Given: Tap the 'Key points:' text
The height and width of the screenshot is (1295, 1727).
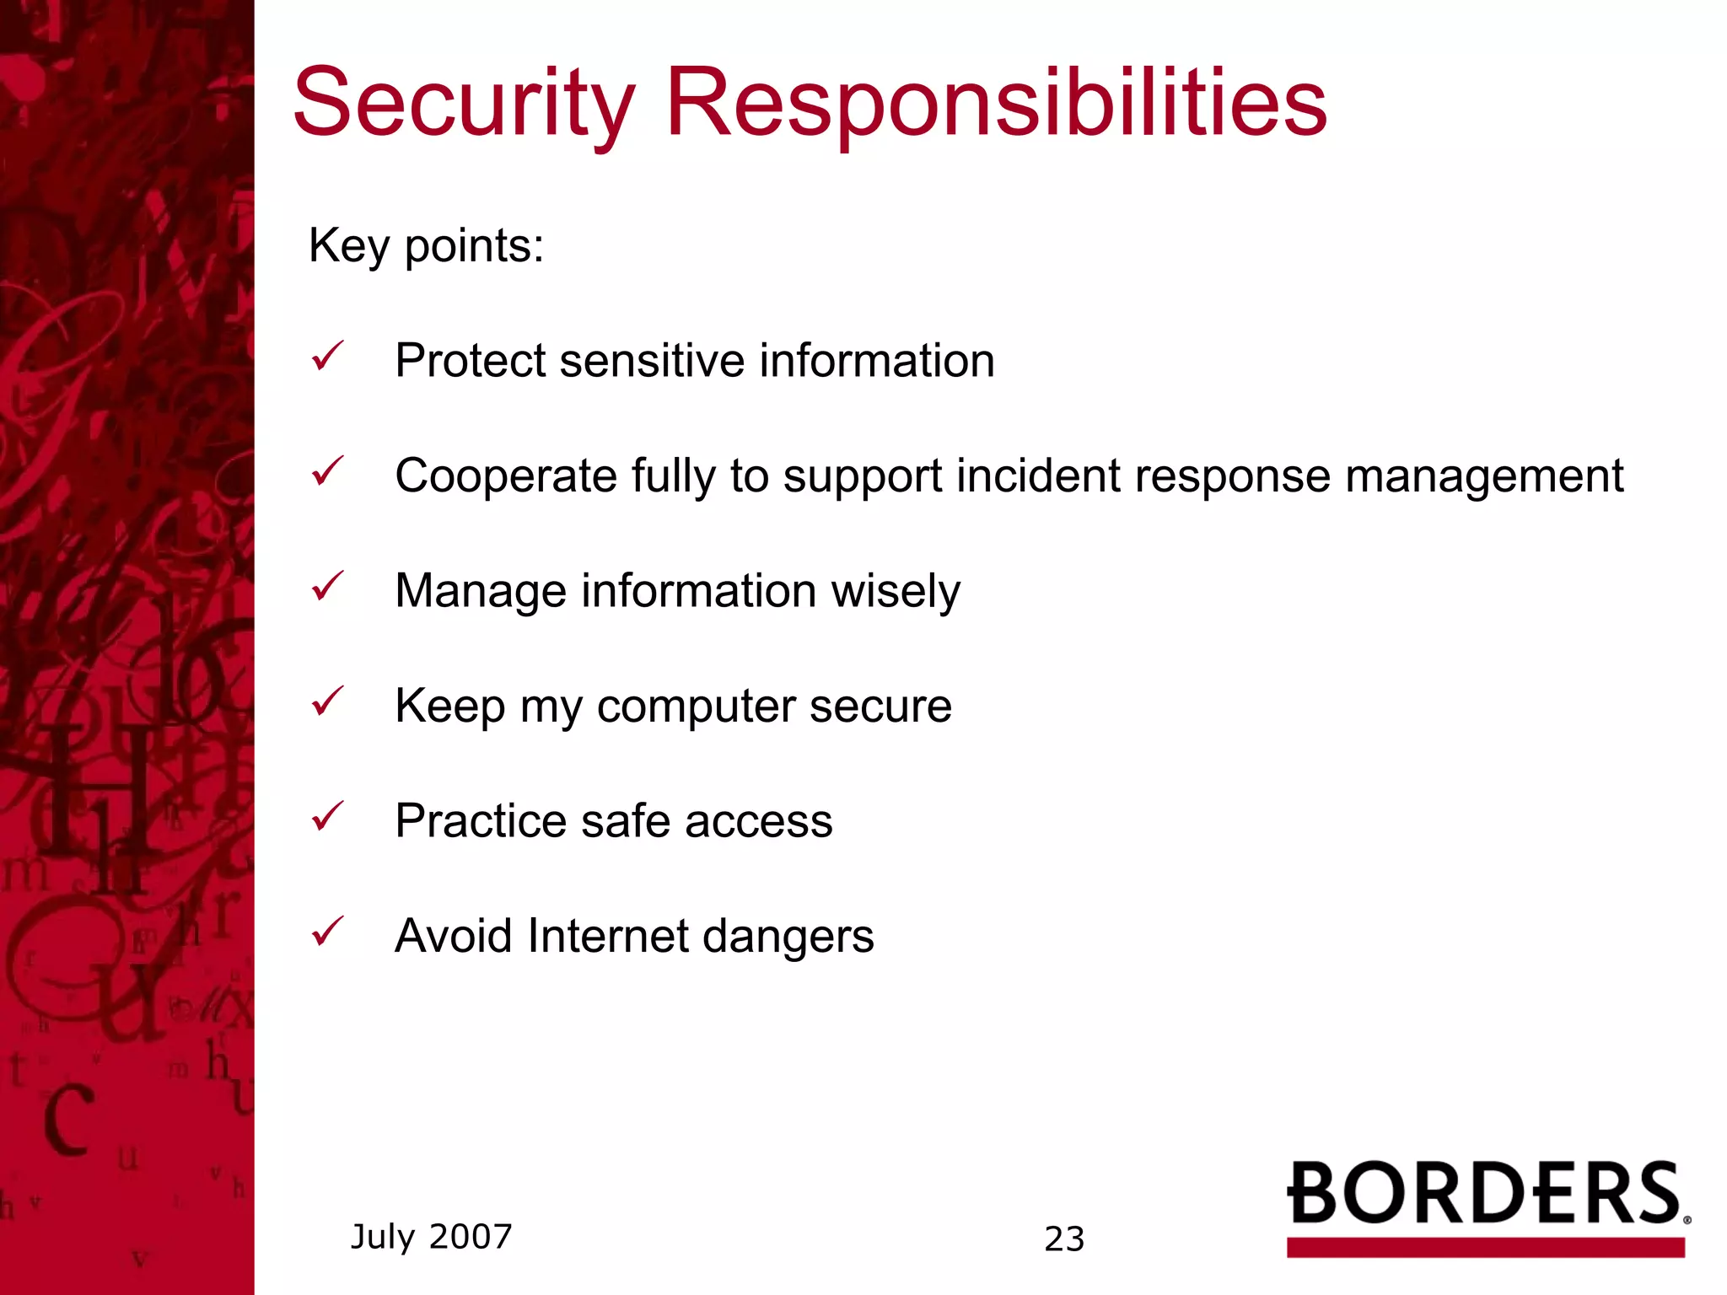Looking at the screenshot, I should [426, 246].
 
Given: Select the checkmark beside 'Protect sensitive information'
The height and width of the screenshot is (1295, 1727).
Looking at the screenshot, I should [327, 357].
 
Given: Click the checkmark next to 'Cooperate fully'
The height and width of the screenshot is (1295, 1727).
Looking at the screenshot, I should [327, 471].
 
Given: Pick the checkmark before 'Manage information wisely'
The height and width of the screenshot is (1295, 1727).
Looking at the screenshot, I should [327, 587].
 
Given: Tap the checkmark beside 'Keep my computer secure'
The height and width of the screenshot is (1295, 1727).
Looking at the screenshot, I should [327, 701].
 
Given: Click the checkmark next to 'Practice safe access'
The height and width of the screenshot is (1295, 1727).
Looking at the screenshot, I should [327, 816].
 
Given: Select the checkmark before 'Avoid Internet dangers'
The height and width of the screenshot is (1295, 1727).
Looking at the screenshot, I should [327, 932].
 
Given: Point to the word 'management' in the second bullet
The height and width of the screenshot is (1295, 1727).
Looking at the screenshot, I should [1483, 476].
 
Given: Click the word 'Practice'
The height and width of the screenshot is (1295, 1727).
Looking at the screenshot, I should [480, 821].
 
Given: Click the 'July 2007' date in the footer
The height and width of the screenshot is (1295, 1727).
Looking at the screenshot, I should [431, 1237].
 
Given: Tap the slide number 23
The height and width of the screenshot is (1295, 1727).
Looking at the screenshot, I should [1064, 1239].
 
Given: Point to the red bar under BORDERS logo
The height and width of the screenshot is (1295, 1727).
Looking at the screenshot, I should [1485, 1247].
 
